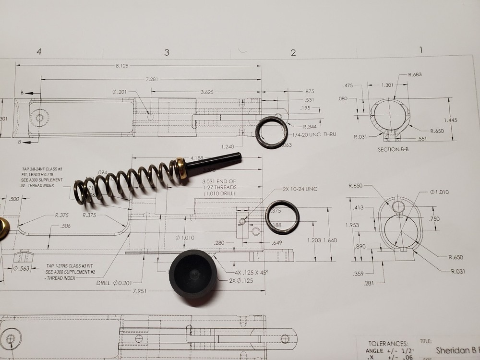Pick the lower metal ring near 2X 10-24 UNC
pyautogui.click(x=282, y=218)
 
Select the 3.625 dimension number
pyautogui.click(x=207, y=92)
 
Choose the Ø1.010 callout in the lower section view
pyautogui.click(x=438, y=192)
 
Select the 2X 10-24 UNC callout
pyautogui.click(x=300, y=189)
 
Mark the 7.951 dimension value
pyautogui.click(x=142, y=291)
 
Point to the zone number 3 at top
pyautogui.click(x=167, y=52)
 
